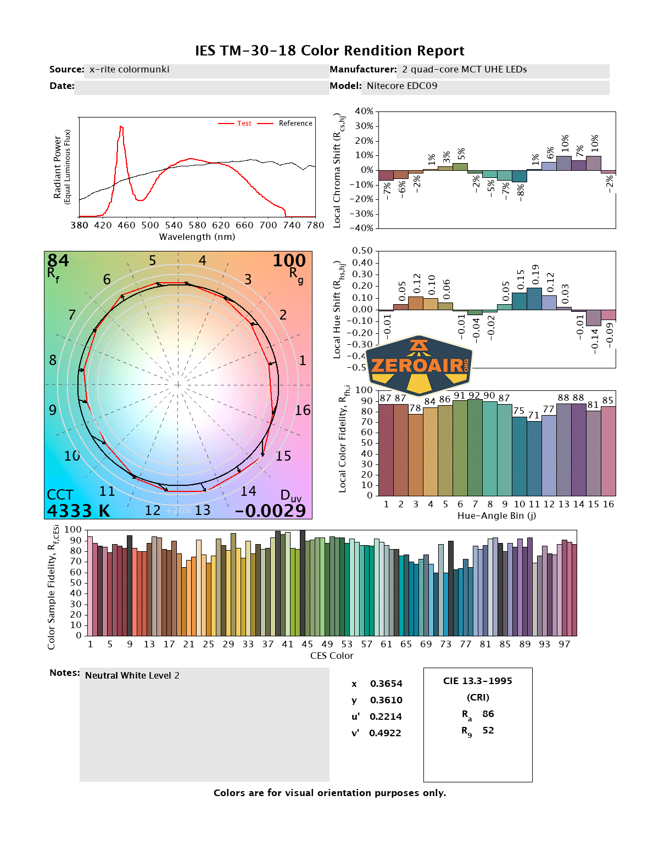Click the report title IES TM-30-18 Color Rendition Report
coord(329,51)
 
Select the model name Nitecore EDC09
coord(402,86)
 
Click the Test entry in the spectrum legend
coord(244,124)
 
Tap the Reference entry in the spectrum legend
coord(295,124)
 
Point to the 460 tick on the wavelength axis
coord(126,225)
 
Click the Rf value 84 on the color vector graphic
coord(58,260)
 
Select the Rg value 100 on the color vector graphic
coord(289,260)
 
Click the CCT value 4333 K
coord(79,511)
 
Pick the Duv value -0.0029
coord(270,511)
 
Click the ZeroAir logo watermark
coord(419,365)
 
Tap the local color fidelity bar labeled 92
coord(474,447)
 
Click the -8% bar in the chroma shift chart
coord(520,176)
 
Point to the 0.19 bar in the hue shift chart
coord(534,299)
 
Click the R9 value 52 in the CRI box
coord(488,730)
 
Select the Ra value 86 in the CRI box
coord(488,714)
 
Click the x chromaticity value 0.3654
coord(386,684)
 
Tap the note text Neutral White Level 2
coord(132,675)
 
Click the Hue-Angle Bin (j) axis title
coord(496,516)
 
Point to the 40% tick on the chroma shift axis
coord(364,111)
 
